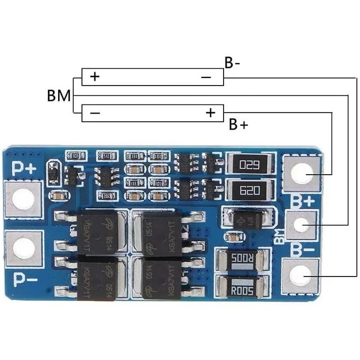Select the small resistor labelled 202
106,196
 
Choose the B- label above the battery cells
232,63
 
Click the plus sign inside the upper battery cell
95,77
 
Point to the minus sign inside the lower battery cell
95,113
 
